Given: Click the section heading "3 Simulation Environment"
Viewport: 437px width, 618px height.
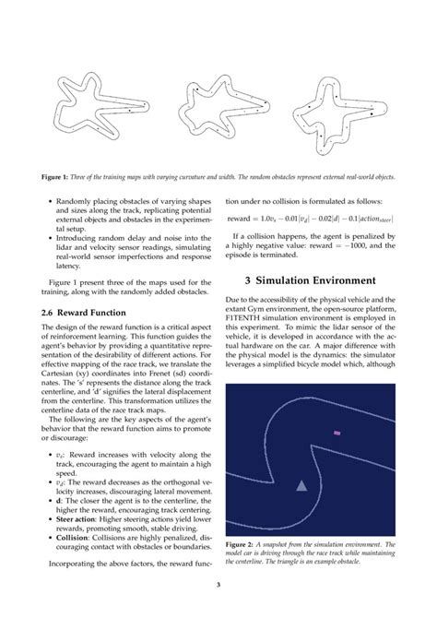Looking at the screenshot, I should tap(311, 279).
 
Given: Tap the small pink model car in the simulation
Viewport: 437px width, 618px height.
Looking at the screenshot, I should tap(337, 433).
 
